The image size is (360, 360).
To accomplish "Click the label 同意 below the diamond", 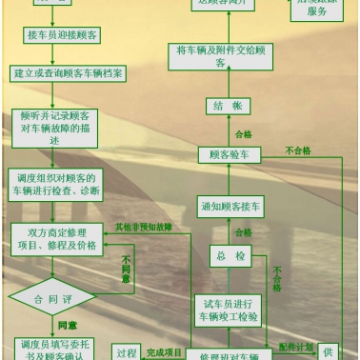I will point(67,326).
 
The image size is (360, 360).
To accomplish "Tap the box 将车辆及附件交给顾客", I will point(220,56).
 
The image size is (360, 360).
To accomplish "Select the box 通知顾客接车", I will point(229,206).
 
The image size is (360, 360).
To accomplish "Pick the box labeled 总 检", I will point(229,256).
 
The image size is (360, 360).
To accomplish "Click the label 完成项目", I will point(165,352).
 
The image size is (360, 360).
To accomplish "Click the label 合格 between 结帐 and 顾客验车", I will point(243,133).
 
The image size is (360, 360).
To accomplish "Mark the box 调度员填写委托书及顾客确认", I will point(53,349).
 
